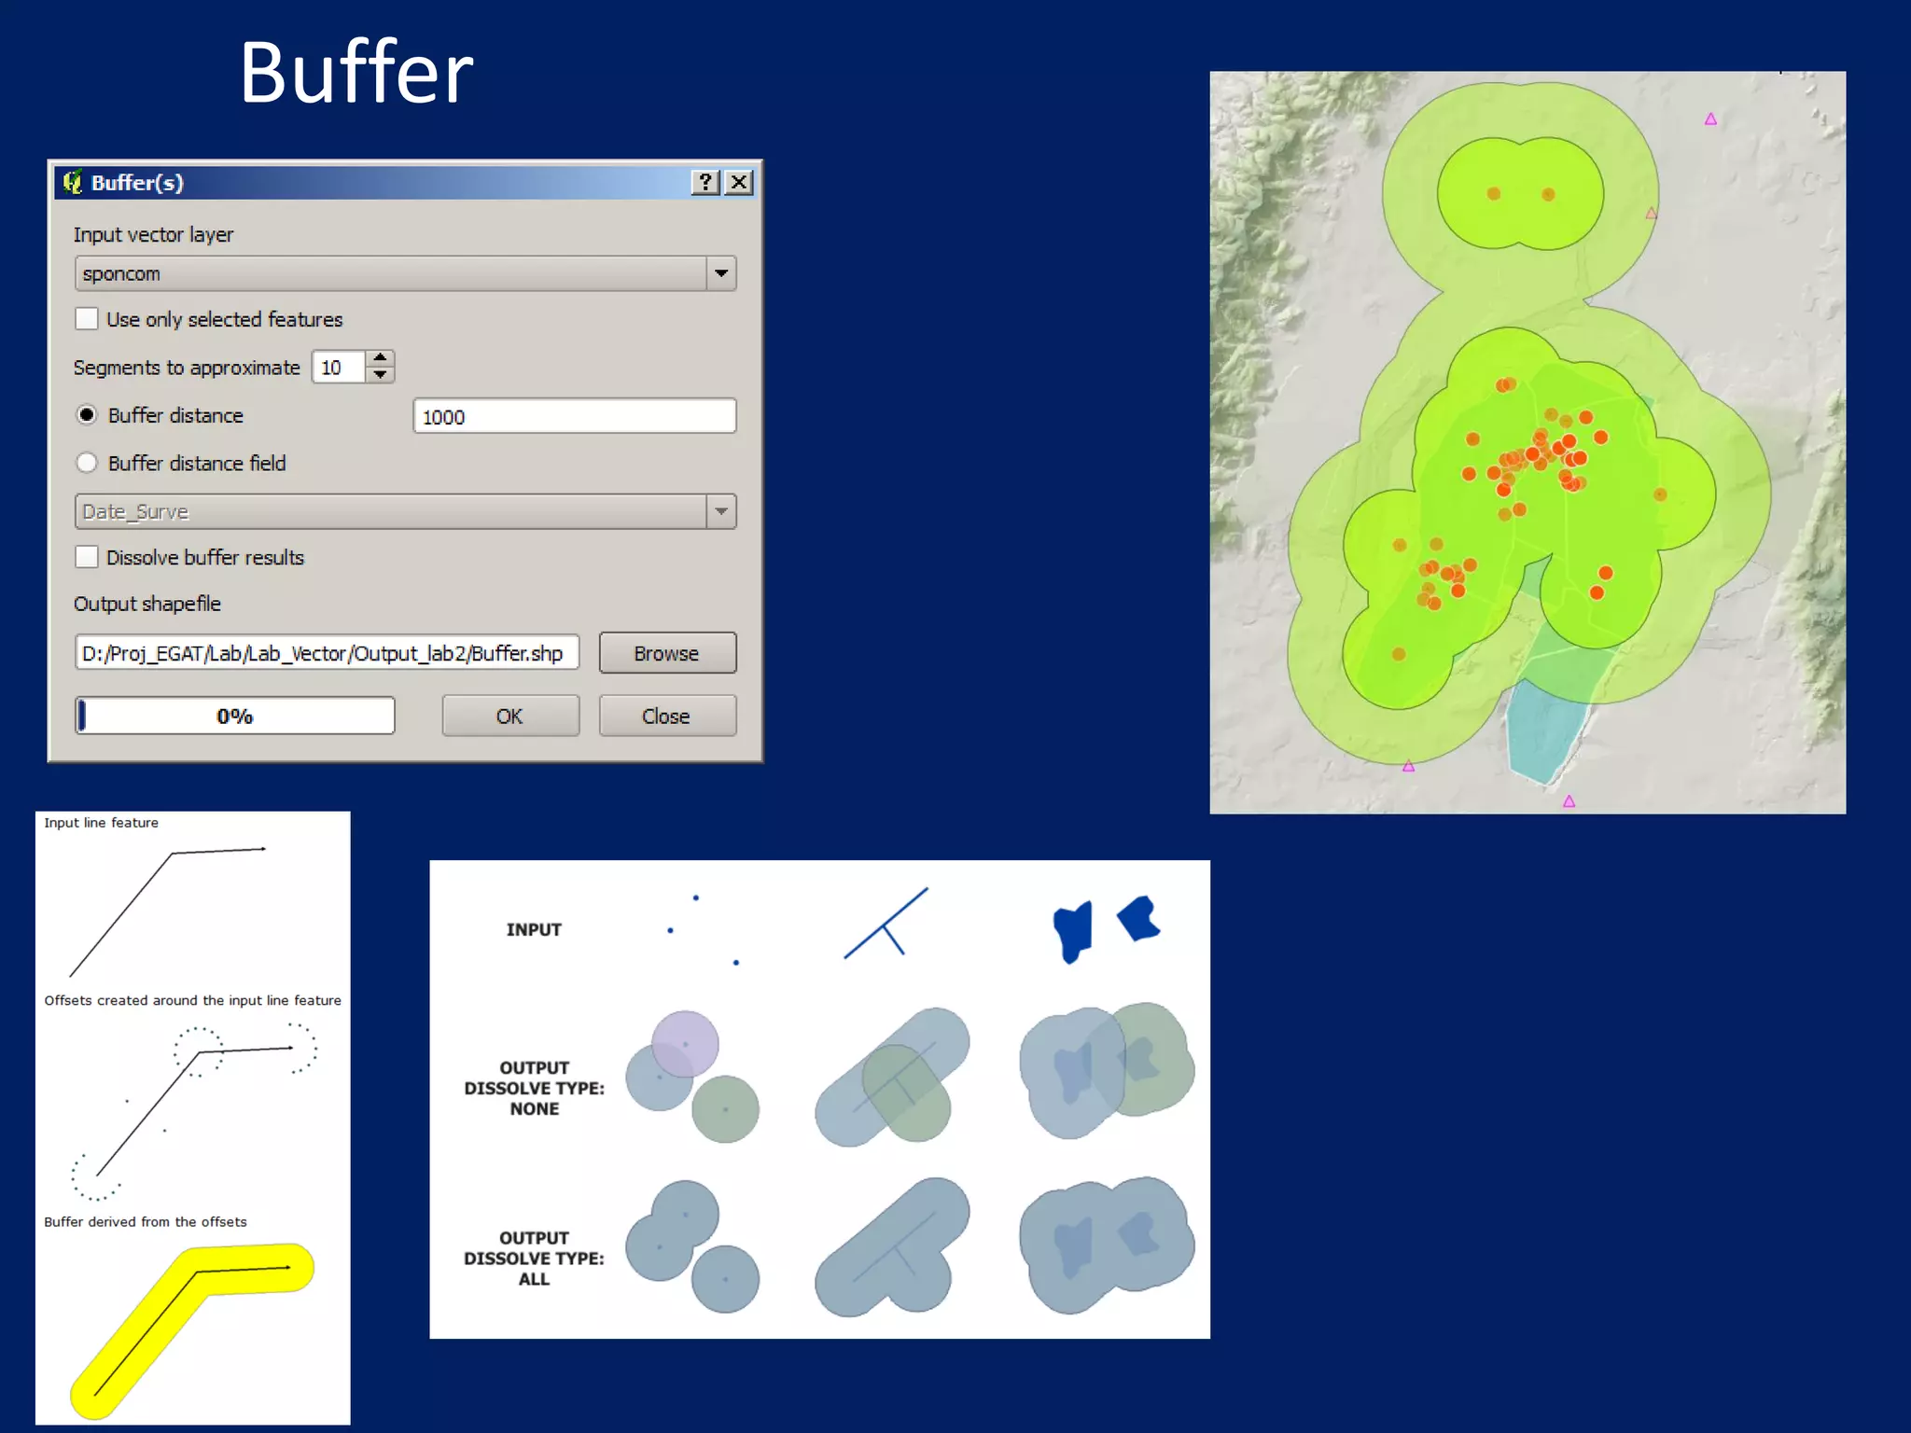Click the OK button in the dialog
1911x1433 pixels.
point(509,716)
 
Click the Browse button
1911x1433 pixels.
point(666,653)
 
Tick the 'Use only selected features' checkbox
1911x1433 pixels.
point(87,319)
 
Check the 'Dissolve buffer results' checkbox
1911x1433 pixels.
point(87,557)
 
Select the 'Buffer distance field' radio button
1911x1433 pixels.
point(87,463)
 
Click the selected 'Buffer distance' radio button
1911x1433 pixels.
point(87,415)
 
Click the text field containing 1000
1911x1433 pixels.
point(574,416)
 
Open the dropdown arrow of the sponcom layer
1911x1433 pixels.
point(721,273)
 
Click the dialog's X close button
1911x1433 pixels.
point(739,182)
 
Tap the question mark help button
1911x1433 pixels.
point(705,182)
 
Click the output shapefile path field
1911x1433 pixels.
point(326,653)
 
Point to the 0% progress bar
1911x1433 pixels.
point(235,716)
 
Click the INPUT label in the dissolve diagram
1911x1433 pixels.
point(534,929)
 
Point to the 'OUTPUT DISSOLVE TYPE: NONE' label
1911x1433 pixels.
point(534,1088)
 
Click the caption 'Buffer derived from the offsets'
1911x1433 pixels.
point(146,1222)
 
